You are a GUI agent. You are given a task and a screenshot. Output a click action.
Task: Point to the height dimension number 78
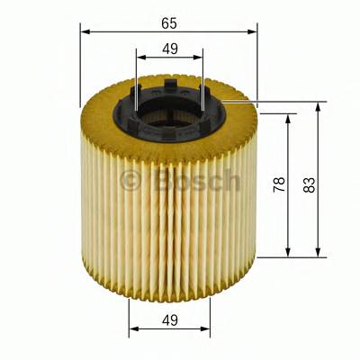pos(279,184)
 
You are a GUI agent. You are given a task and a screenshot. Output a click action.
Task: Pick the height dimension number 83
pos(310,184)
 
